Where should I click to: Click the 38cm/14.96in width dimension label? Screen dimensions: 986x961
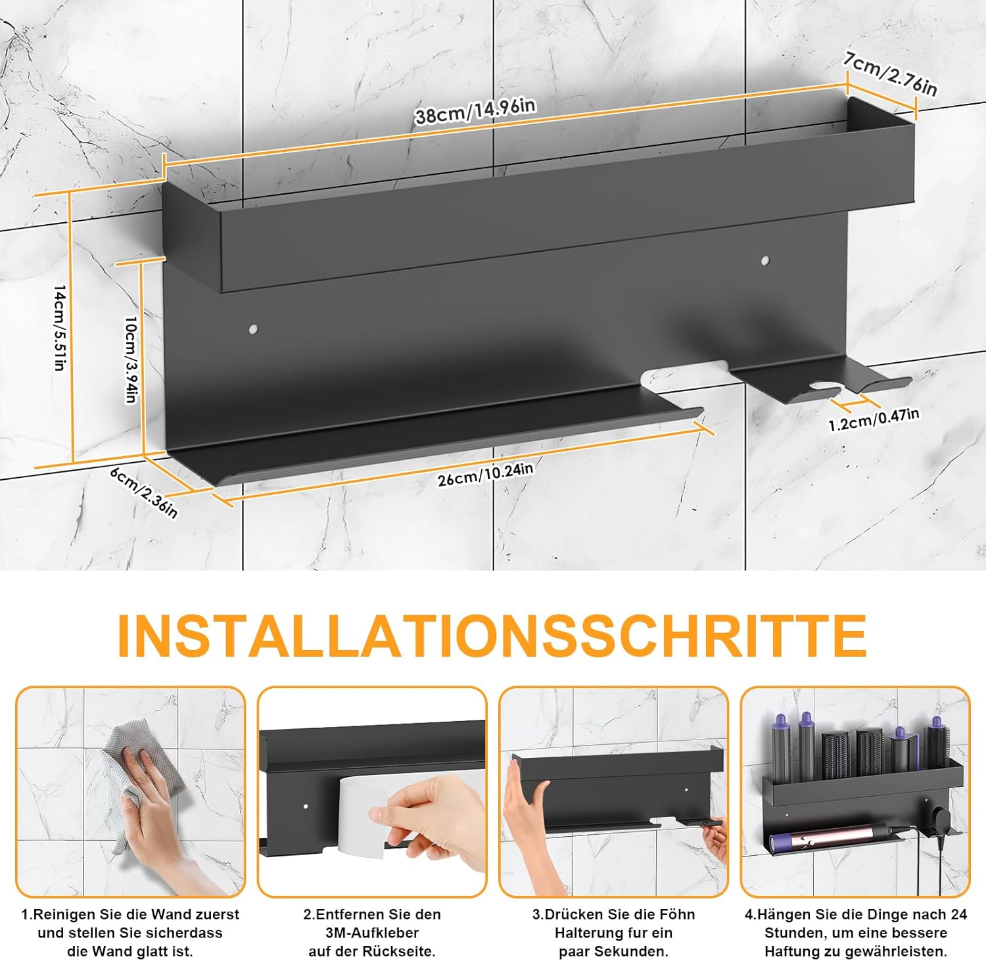[x=475, y=111]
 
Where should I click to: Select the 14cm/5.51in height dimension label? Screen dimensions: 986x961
[x=59, y=328]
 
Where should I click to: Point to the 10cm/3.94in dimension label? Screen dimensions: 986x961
[x=131, y=360]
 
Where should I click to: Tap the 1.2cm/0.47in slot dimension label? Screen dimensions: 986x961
[x=874, y=419]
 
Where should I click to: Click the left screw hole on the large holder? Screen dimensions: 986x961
[x=253, y=327]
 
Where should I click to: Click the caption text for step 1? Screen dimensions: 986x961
[x=130, y=932]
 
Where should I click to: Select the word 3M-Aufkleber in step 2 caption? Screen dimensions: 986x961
[x=372, y=932]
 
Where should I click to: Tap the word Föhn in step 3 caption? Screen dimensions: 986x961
[x=678, y=914]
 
